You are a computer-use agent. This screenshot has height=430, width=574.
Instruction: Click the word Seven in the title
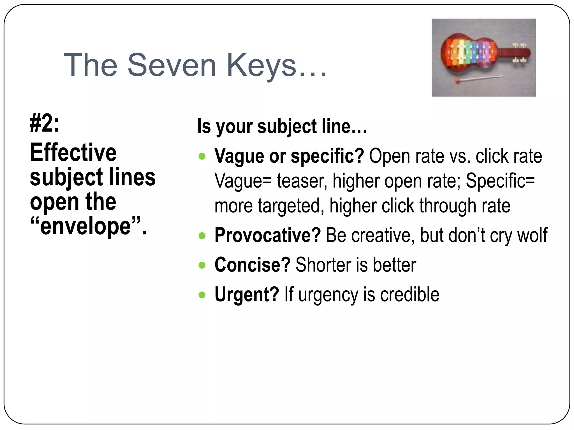click(x=172, y=65)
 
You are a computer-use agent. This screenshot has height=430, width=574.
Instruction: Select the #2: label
click(x=44, y=124)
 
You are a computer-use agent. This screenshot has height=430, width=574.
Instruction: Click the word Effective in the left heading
click(x=73, y=153)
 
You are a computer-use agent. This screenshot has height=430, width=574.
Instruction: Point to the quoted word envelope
click(x=85, y=226)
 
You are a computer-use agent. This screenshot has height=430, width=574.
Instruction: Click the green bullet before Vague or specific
click(x=202, y=156)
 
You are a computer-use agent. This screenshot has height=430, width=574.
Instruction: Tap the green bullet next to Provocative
click(x=202, y=235)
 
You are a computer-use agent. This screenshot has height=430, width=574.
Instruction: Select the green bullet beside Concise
click(x=202, y=265)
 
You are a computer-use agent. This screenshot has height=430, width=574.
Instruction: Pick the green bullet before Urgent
click(x=202, y=295)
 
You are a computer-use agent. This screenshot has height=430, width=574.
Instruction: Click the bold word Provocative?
click(x=267, y=235)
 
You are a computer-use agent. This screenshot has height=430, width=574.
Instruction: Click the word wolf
click(x=532, y=235)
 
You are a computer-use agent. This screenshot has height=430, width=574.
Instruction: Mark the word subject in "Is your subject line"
click(x=287, y=127)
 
